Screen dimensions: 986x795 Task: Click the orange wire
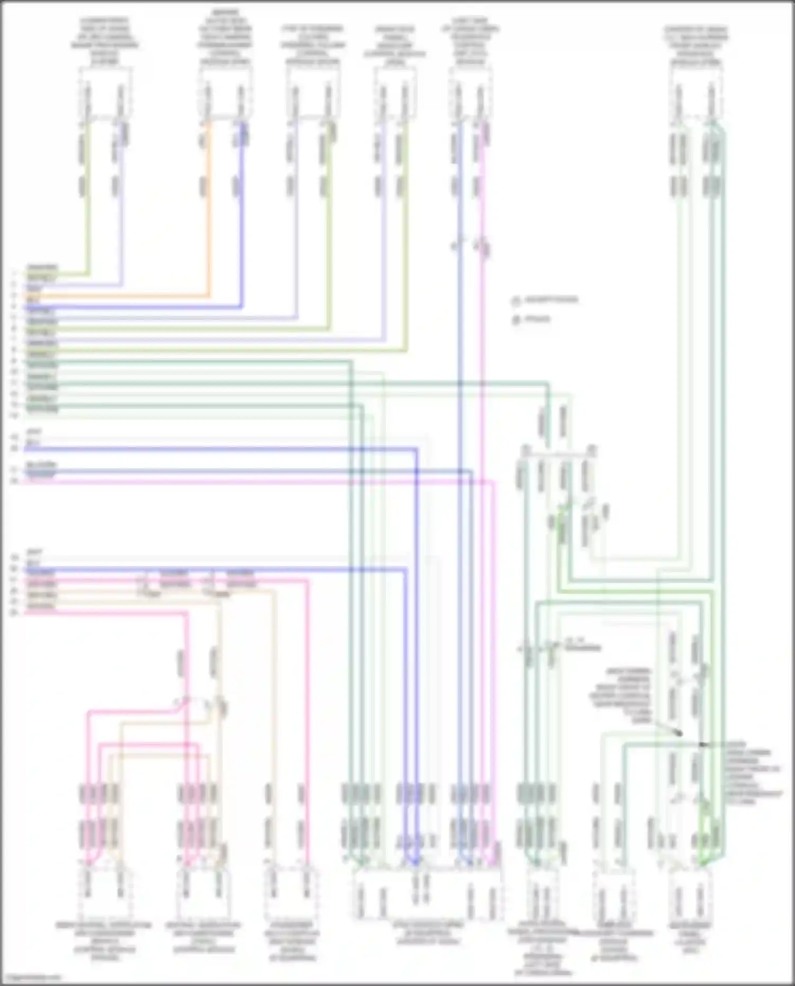click(x=208, y=212)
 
